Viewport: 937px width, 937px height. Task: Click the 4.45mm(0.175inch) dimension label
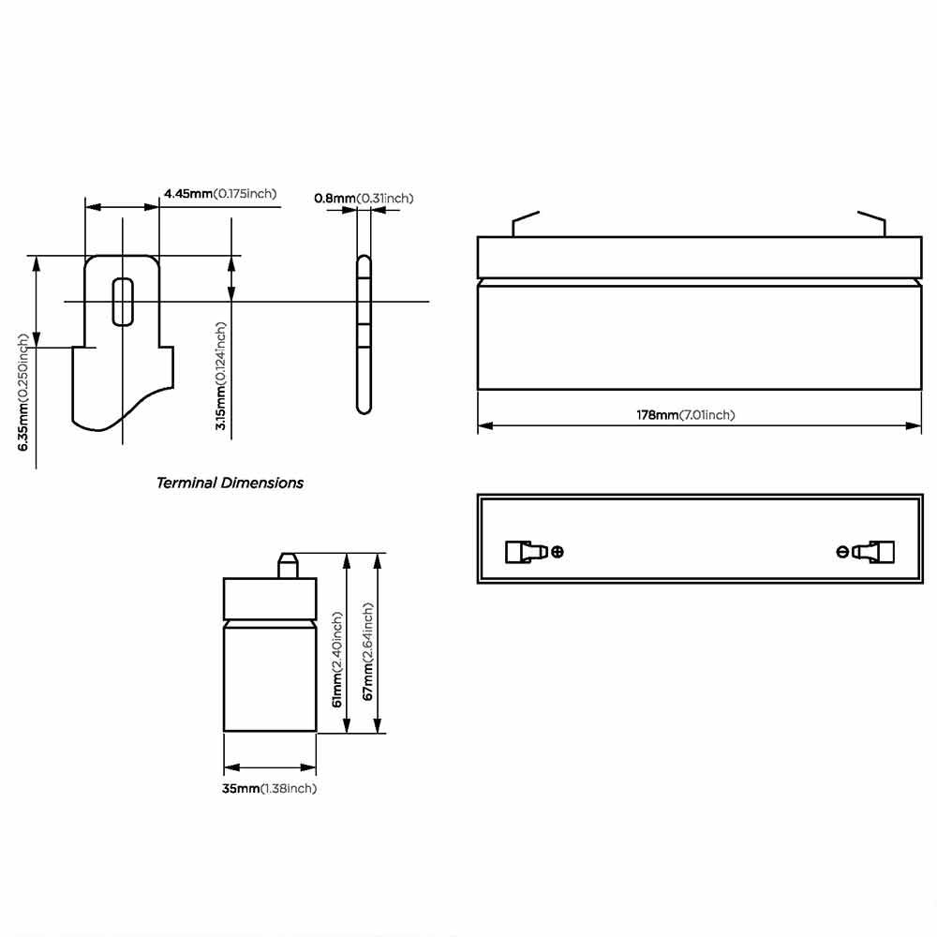coord(220,194)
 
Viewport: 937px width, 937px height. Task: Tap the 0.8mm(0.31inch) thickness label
coord(364,198)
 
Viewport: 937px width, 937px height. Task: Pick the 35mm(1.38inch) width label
coord(269,789)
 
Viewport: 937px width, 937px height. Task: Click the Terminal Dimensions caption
coord(230,483)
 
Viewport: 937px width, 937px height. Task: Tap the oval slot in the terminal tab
coord(122,301)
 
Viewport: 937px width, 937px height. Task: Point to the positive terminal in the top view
coord(525,552)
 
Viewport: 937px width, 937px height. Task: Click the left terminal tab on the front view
coord(525,223)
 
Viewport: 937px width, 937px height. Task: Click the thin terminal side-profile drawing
coord(364,334)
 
